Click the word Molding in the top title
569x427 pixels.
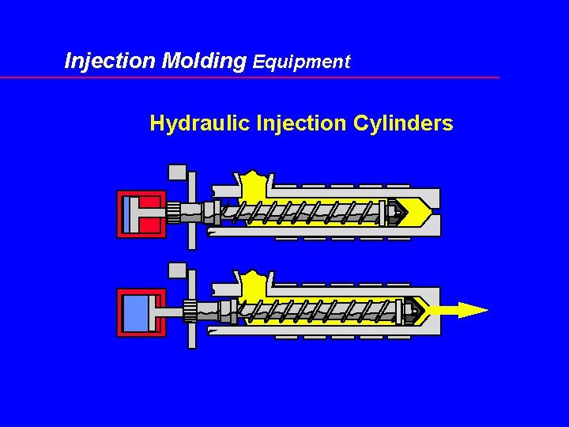(x=204, y=61)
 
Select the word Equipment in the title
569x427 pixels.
(x=301, y=62)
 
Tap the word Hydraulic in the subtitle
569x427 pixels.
(x=200, y=124)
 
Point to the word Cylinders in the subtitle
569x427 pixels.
(x=403, y=124)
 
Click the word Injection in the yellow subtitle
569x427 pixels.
(x=302, y=124)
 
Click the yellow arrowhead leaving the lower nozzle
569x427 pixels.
(x=473, y=310)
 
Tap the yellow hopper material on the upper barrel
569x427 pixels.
(x=254, y=187)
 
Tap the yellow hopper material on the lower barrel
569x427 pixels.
(x=254, y=285)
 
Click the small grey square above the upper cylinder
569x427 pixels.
(x=177, y=172)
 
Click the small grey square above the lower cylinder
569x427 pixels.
(x=177, y=270)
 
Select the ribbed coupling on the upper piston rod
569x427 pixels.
(x=173, y=213)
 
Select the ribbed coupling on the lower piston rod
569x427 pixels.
(x=190, y=311)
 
